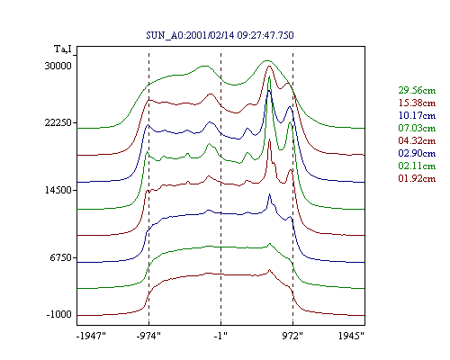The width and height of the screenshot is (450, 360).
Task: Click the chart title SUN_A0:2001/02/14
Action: pos(190,35)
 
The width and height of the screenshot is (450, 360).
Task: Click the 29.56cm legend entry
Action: pos(417,90)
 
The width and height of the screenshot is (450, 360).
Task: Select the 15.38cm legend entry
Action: pos(417,103)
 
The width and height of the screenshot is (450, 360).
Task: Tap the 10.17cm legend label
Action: pos(417,115)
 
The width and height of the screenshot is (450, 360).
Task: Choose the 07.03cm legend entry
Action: pos(417,128)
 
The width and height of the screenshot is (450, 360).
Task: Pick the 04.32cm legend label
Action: pos(417,140)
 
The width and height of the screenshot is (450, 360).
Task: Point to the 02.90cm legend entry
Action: pos(417,153)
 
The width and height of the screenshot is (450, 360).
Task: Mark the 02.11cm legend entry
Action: pos(417,166)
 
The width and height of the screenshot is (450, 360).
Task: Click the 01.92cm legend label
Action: pos(417,178)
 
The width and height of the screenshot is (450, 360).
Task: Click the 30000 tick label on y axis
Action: pos(58,66)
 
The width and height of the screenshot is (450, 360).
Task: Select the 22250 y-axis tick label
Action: pos(58,122)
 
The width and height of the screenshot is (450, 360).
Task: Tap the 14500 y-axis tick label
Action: pos(58,190)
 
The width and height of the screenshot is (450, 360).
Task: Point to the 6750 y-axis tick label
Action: pos(61,257)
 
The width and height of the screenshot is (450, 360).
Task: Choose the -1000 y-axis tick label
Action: pos(59,314)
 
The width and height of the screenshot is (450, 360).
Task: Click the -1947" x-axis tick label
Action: pos(92,336)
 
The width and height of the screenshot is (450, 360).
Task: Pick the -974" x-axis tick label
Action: pos(148,336)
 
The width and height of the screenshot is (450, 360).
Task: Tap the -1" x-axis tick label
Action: pos(220,336)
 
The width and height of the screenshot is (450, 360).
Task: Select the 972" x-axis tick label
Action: pos(292,336)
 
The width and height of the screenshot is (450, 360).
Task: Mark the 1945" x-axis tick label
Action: pos(351,336)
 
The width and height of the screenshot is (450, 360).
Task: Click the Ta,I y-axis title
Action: pos(63,49)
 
